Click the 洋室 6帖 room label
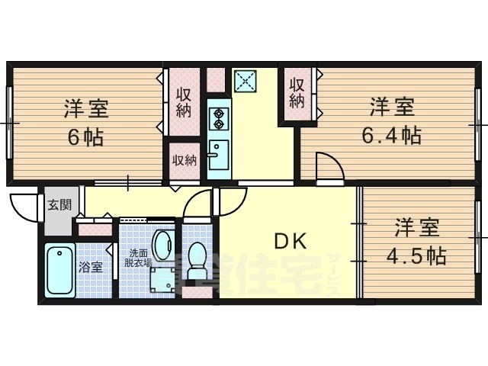85,122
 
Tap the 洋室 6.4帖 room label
392,120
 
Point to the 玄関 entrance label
59,204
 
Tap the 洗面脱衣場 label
140,258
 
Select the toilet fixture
197,261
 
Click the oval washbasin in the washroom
162,246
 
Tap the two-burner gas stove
219,117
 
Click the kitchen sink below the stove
218,156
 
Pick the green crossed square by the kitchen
246,80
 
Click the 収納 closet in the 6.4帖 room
297,93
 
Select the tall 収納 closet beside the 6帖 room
184,102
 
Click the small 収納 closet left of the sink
184,160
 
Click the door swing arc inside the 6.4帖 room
326,165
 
